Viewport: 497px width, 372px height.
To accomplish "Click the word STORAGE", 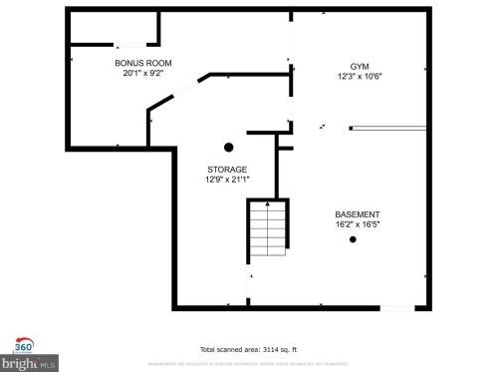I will pyautogui.click(x=227, y=170).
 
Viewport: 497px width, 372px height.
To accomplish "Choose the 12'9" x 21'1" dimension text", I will pyautogui.click(x=227, y=180).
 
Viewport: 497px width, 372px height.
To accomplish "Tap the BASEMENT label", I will pyautogui.click(x=358, y=215).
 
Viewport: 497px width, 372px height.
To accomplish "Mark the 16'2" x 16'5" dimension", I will pyautogui.click(x=358, y=225).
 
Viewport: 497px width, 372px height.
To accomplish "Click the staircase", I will pyautogui.click(x=268, y=232).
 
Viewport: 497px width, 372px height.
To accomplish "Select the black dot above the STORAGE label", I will pyautogui.click(x=228, y=147).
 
